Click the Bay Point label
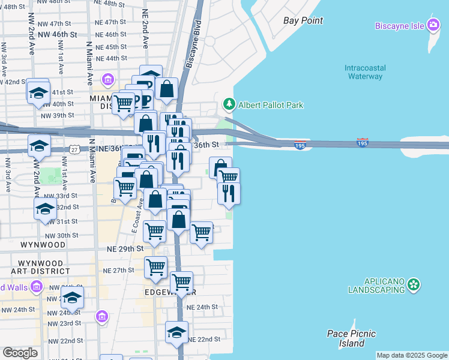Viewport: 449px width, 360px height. (303, 20)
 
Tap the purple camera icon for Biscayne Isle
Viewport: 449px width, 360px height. (433, 25)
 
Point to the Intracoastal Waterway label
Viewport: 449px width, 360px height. (365, 72)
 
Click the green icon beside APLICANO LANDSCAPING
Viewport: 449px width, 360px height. (413, 285)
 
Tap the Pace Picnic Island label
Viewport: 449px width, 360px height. (352, 338)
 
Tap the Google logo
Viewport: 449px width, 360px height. (20, 353)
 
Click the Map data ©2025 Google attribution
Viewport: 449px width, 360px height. (412, 355)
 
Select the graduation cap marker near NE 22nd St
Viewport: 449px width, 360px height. (176, 332)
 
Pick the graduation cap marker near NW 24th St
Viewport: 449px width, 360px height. (72, 298)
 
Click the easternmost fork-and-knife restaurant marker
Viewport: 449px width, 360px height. (229, 193)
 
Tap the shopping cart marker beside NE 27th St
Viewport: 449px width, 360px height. (156, 266)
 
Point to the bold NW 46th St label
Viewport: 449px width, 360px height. (58, 35)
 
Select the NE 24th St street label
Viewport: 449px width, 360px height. (202, 307)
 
